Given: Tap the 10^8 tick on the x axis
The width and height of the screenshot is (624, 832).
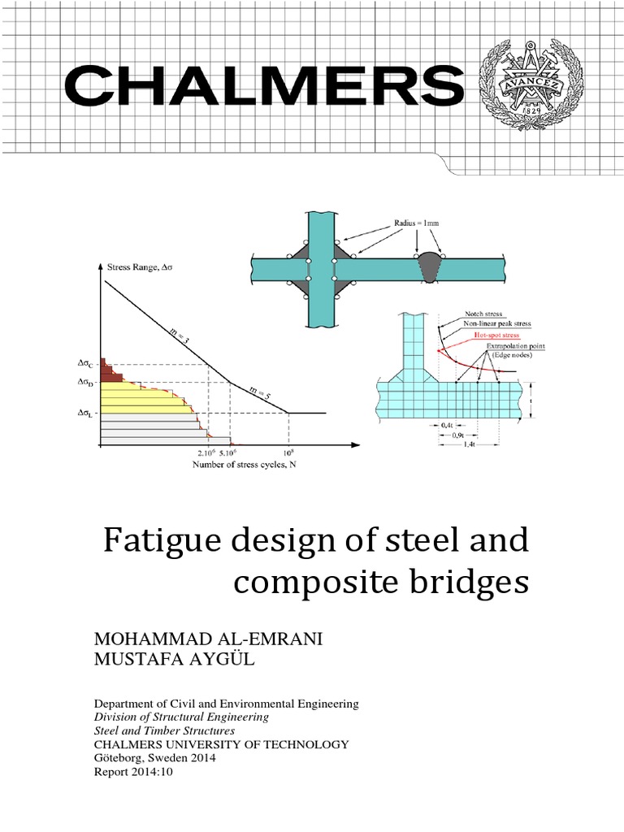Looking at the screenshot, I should click(x=287, y=453).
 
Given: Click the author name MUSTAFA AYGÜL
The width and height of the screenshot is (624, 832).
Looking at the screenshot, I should click(x=175, y=661).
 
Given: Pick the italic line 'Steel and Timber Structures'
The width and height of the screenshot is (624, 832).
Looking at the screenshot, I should click(x=165, y=730).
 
